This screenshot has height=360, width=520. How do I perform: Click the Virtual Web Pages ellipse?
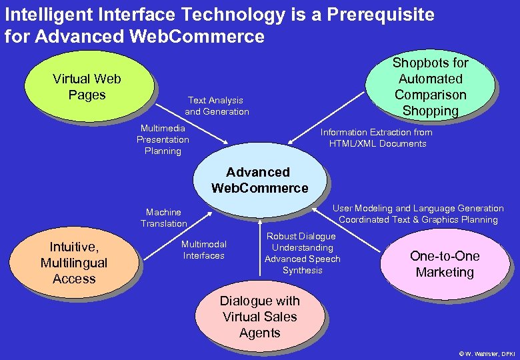click(x=87, y=87)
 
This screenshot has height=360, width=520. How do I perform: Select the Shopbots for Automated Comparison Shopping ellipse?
click(x=430, y=87)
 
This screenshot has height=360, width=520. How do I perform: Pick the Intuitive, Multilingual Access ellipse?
click(x=73, y=263)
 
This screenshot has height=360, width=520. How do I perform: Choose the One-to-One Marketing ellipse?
click(x=444, y=264)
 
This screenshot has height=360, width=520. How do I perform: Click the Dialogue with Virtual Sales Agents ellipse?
click(x=259, y=317)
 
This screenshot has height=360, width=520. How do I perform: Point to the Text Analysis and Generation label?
click(x=217, y=106)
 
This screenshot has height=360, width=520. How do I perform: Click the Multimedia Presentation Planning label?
click(x=163, y=139)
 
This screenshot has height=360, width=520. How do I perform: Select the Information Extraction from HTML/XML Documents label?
click(x=377, y=138)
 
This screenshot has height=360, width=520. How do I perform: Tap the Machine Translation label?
click(x=163, y=218)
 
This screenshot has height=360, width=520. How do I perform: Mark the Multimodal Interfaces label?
click(x=204, y=250)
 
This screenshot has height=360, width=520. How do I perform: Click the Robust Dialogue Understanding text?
click(x=301, y=242)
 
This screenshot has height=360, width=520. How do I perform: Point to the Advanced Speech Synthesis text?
click(x=302, y=265)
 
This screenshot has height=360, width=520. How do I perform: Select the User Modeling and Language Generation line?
click(x=418, y=209)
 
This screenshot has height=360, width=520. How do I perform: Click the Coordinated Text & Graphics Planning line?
click(x=418, y=219)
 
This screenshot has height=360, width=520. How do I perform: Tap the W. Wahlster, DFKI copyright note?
click(x=487, y=353)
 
